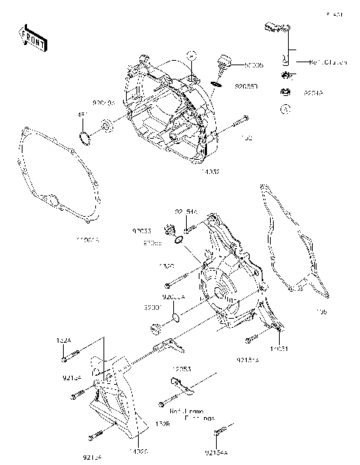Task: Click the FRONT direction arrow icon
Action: (32, 38)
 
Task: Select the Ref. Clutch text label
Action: (328, 63)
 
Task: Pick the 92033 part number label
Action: (142, 231)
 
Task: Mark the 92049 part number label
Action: (313, 94)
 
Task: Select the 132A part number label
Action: (64, 340)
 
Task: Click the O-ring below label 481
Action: (85, 137)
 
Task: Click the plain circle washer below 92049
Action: (285, 109)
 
